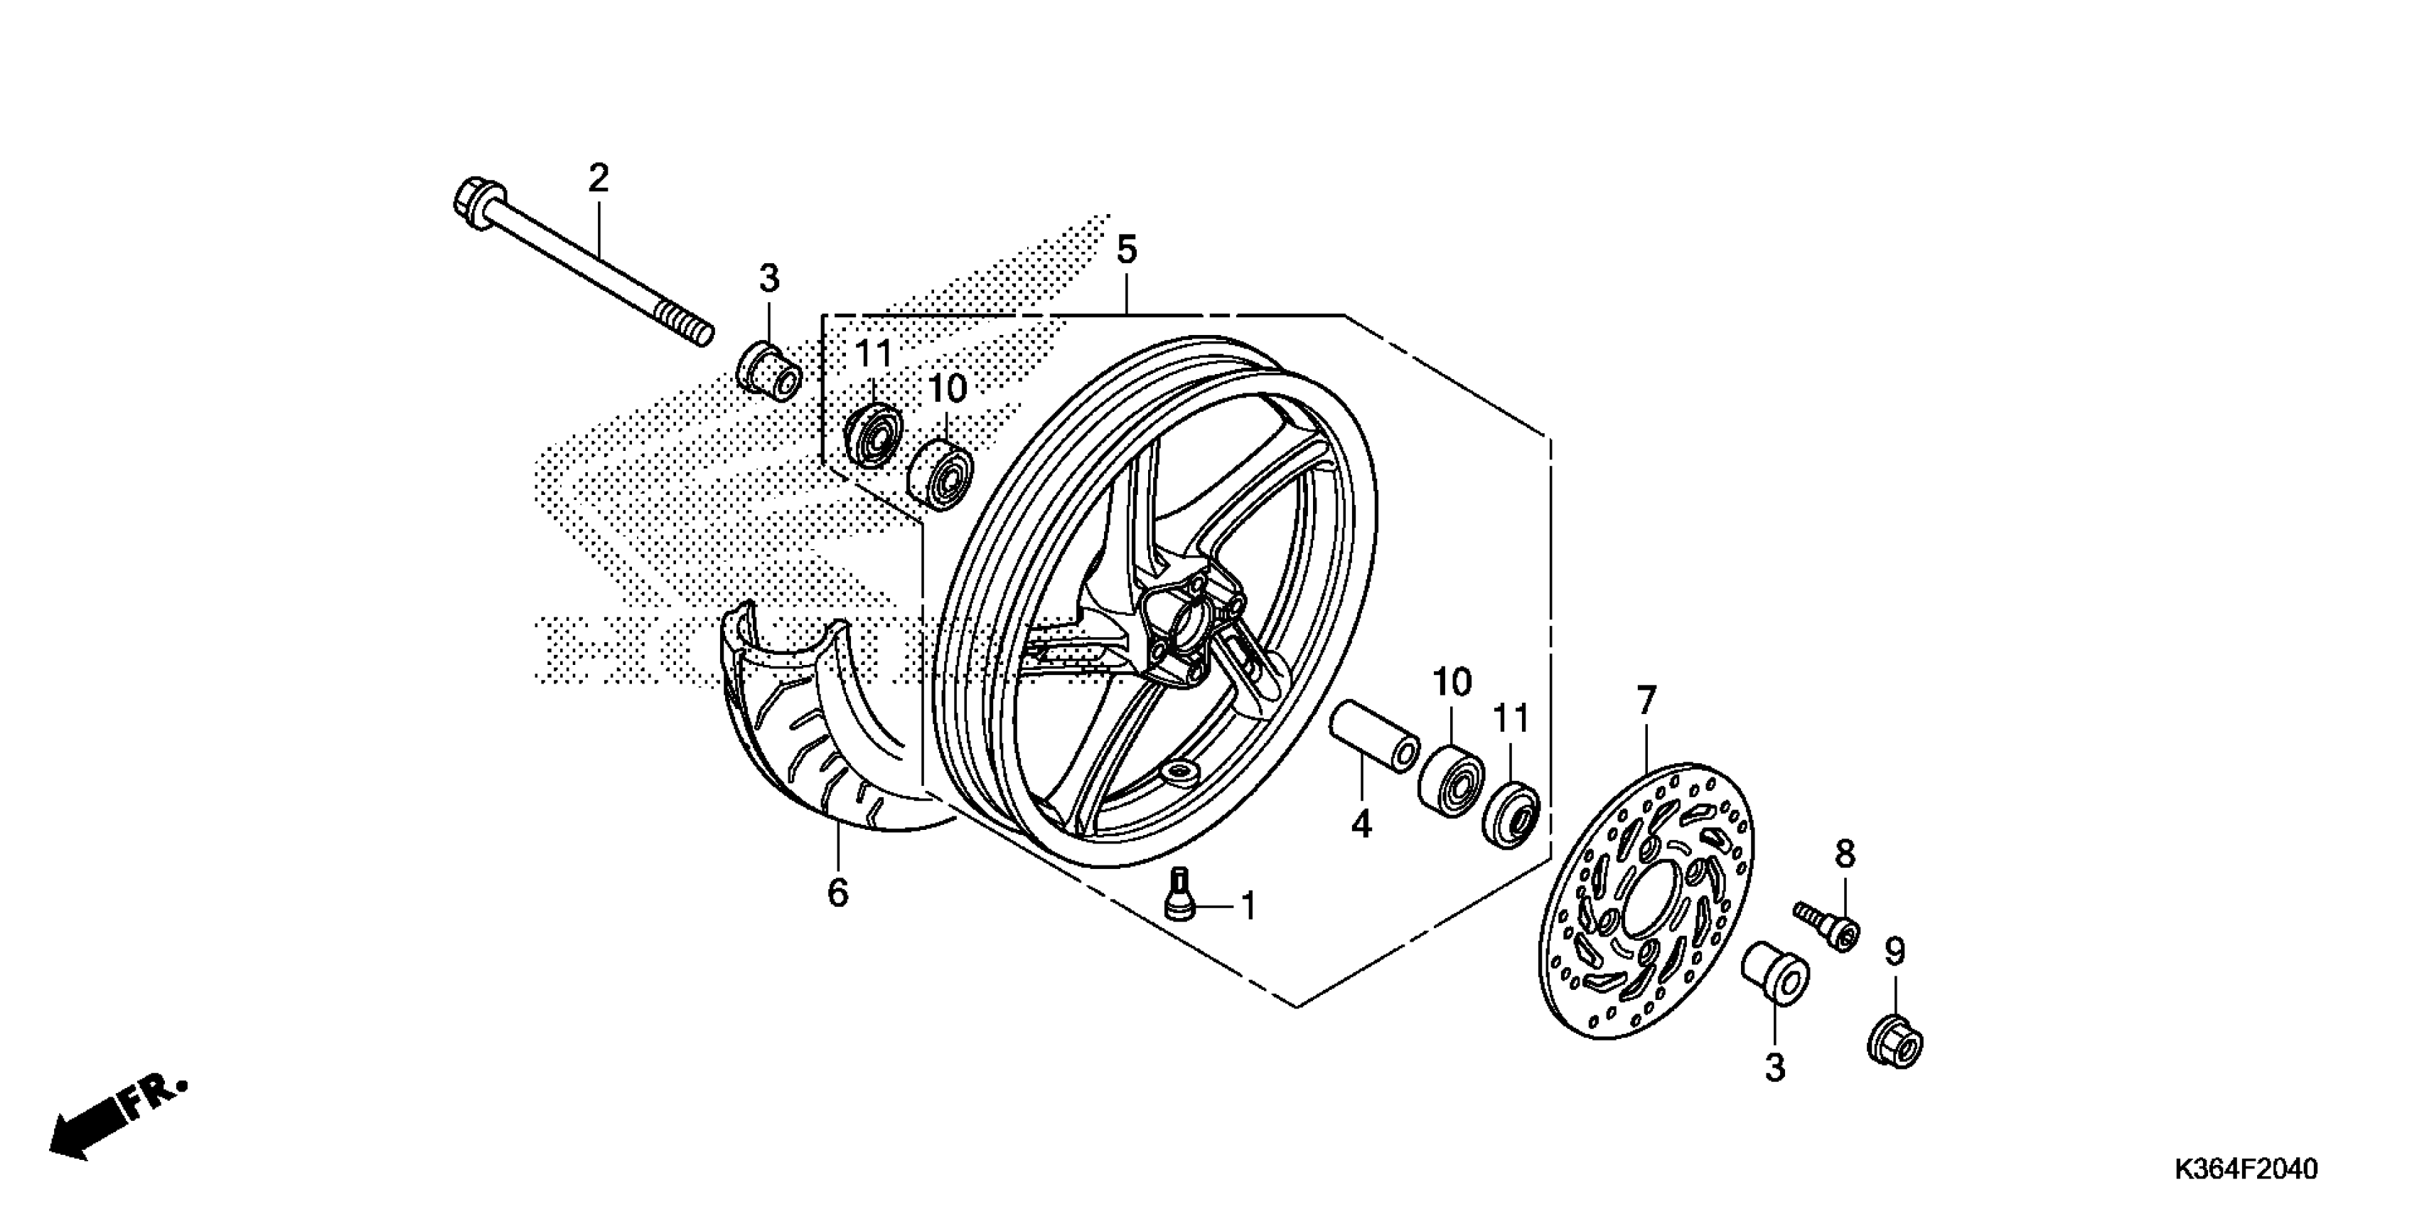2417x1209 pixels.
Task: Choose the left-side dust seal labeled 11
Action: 872,435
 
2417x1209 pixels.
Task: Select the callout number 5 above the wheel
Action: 1126,250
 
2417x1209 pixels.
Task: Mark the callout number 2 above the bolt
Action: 599,177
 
